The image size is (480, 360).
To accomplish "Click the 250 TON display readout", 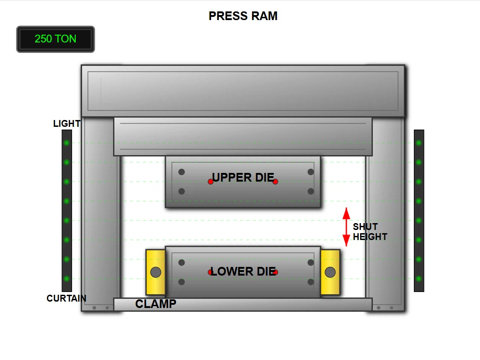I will [56, 39].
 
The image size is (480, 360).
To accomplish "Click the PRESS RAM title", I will [243, 16].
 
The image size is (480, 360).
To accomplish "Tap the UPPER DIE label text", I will [243, 177].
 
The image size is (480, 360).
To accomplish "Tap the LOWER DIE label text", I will [243, 271].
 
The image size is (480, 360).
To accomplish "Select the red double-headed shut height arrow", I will [346, 227].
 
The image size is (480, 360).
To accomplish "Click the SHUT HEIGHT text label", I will [369, 232].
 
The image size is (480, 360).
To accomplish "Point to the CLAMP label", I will [155, 304].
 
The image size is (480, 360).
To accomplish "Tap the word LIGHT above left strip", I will [67, 124].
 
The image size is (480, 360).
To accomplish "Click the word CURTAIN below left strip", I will [66, 298].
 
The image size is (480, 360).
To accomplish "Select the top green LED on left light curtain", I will [67, 143].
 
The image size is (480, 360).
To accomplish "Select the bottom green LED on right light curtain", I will [418, 279].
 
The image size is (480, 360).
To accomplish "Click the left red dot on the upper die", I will [211, 182].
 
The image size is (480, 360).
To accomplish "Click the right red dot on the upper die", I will [275, 182].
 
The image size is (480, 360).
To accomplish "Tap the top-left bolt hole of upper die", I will [181, 172].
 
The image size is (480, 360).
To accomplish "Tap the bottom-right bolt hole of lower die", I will [311, 282].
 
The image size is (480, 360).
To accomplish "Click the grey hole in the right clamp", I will [330, 272].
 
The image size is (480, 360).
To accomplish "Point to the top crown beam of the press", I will [243, 91].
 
